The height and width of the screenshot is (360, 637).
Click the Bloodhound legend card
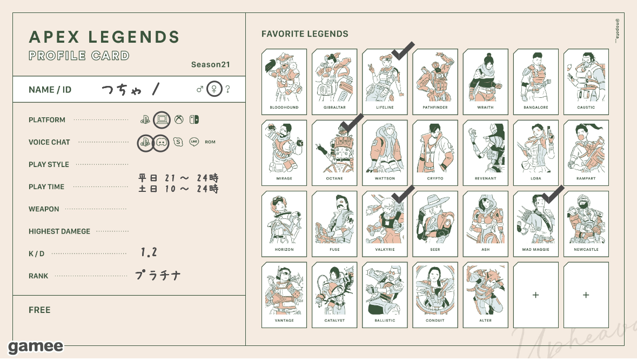(x=284, y=82)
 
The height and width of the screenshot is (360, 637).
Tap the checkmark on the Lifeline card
(x=403, y=51)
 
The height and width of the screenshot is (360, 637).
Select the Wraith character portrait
(x=485, y=76)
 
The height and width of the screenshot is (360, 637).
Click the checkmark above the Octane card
(x=352, y=123)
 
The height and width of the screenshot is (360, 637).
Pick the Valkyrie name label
(x=385, y=250)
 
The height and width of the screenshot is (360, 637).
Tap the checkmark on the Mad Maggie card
(x=553, y=195)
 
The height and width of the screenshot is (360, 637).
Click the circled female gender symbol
(x=214, y=89)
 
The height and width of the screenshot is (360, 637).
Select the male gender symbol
(x=200, y=89)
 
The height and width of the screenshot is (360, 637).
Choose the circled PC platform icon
(x=162, y=120)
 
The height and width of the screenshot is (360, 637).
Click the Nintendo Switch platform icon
(x=194, y=120)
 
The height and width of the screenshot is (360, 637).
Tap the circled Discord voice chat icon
(x=161, y=142)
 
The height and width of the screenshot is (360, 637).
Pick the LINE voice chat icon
(x=194, y=142)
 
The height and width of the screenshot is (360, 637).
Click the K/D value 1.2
(x=149, y=252)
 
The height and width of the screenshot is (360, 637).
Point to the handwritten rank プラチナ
(x=157, y=276)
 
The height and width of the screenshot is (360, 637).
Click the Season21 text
(x=210, y=65)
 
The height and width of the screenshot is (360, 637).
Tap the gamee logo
(x=36, y=346)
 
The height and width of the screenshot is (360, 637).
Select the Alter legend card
(x=485, y=295)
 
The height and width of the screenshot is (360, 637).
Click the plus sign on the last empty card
(x=586, y=295)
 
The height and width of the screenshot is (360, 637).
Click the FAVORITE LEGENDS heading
(x=305, y=34)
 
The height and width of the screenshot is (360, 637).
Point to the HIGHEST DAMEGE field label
(x=59, y=231)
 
